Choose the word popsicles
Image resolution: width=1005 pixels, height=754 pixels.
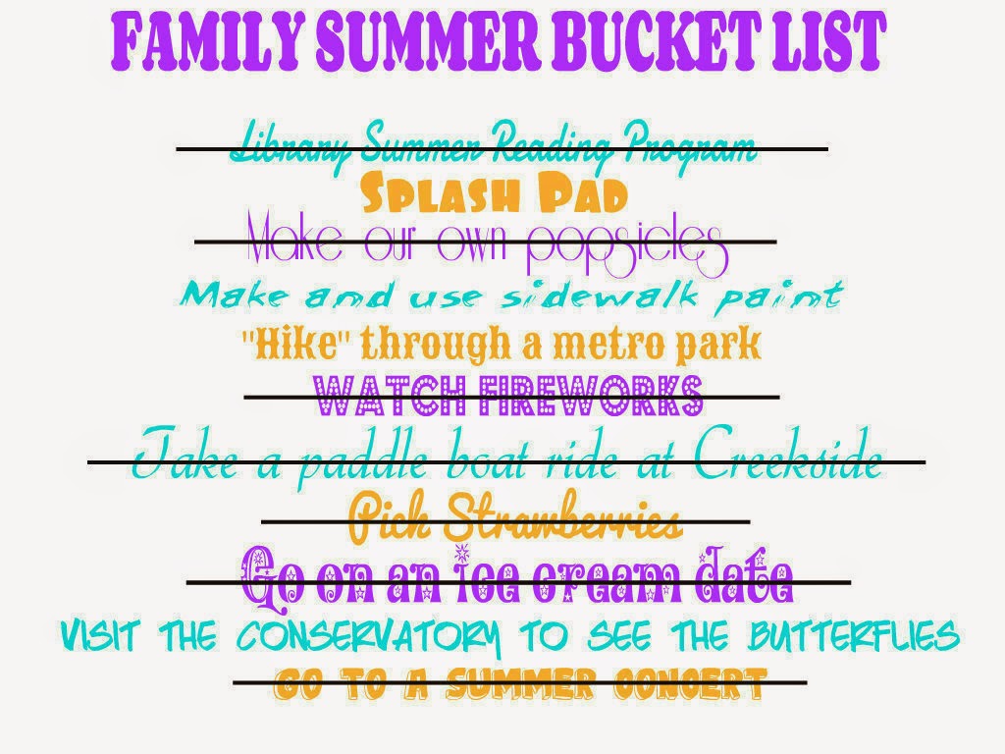click(627, 248)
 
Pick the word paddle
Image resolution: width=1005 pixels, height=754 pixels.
click(362, 461)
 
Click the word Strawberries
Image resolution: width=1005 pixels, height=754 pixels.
click(560, 516)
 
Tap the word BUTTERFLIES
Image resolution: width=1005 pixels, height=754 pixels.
click(854, 635)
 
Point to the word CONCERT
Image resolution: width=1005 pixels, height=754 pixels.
click(690, 683)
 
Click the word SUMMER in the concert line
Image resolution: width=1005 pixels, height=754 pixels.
click(520, 683)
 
